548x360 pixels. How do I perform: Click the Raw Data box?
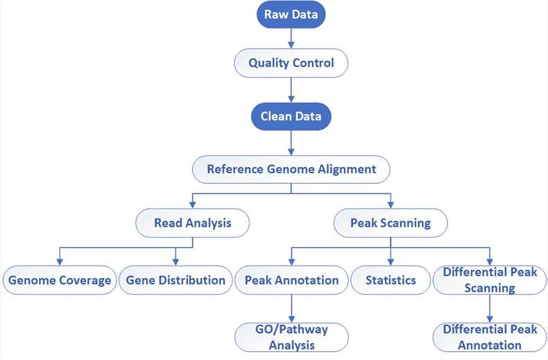[x=291, y=13]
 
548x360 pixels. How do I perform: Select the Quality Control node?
[x=291, y=63]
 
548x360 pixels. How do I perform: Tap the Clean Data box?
[x=291, y=116]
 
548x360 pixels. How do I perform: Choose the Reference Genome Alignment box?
[x=291, y=169]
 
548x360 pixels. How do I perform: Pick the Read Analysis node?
[x=193, y=223]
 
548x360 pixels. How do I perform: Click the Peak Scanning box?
[x=391, y=223]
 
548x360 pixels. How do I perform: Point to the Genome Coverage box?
[x=59, y=280]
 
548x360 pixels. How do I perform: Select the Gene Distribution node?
[x=175, y=280]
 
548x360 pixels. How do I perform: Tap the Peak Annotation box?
[x=291, y=280]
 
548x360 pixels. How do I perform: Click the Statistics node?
[x=391, y=280]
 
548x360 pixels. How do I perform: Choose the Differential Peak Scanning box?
[x=489, y=280]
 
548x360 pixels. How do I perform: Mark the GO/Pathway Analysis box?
[x=291, y=336]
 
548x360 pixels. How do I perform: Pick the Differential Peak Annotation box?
[x=489, y=336]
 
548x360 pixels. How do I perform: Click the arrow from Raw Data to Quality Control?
[x=291, y=37]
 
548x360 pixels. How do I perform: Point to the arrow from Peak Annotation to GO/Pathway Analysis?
[x=291, y=308]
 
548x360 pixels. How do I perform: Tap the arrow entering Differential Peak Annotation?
[x=490, y=308]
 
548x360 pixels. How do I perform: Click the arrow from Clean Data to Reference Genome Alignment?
[x=291, y=142]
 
